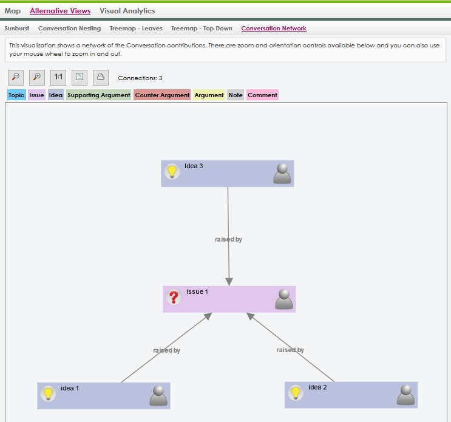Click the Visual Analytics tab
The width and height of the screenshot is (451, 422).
[127, 11]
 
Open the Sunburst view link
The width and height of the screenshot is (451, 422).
[16, 28]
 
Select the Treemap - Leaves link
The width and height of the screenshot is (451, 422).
[136, 28]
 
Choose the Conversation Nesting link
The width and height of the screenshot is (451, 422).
[69, 28]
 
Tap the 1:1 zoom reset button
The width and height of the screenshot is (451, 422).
[58, 77]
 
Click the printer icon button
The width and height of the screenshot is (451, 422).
[101, 77]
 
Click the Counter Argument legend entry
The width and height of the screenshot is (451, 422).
[162, 95]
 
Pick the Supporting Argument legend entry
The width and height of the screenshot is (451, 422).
[99, 95]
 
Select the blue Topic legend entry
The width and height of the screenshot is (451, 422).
[16, 95]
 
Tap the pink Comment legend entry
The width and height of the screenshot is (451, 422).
[262, 95]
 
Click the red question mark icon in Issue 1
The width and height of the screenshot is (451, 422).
[174, 297]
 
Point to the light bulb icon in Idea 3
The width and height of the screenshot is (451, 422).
[172, 171]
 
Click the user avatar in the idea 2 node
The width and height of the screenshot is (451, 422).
[406, 395]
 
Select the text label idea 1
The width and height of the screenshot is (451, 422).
[70, 388]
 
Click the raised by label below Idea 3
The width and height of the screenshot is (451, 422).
[228, 239]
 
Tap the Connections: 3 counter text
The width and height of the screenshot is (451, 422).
[140, 78]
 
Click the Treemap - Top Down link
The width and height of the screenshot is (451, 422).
[202, 28]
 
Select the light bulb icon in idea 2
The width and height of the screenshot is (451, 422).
[296, 393]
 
